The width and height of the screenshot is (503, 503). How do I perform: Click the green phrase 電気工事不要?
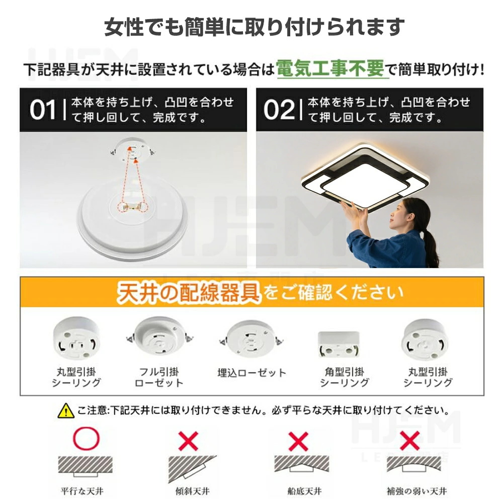click(330, 68)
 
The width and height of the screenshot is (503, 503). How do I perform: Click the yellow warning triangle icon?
click(66, 410)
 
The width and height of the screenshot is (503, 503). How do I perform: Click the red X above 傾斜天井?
click(188, 441)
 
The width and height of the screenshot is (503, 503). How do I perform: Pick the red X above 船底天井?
click(298, 441)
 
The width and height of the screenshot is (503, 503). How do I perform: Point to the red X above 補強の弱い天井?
click(409, 441)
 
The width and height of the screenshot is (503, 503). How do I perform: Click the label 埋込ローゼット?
click(252, 373)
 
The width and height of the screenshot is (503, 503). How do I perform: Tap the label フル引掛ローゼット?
click(159, 378)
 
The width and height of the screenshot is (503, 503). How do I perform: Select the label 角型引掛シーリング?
click(345, 378)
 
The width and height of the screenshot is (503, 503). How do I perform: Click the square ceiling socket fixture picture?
click(339, 345)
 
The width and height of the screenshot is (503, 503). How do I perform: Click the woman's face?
click(398, 216)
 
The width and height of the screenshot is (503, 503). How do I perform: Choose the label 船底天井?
click(304, 491)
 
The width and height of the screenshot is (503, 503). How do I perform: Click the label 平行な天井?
click(82, 491)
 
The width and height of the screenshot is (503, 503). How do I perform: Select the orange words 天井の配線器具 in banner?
click(188, 293)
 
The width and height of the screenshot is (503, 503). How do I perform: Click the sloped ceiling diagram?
click(192, 469)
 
